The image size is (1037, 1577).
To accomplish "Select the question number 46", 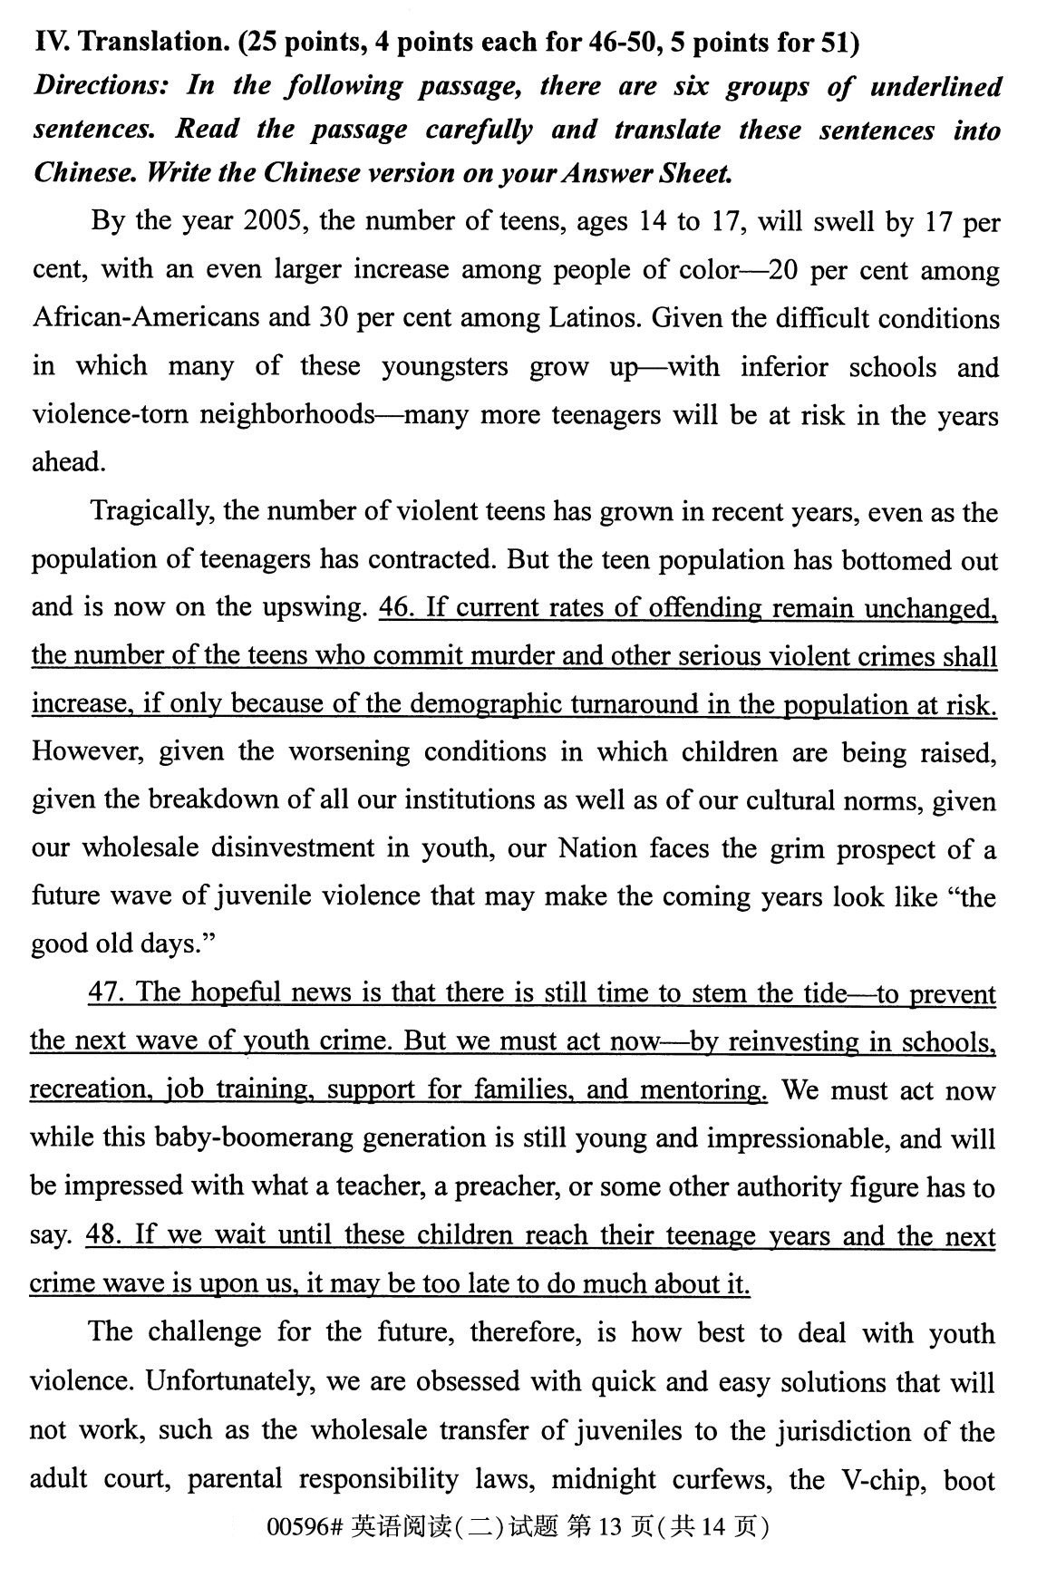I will click(x=396, y=606).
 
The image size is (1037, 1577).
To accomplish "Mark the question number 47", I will click(x=106, y=992).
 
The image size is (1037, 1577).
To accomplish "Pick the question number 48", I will click(x=103, y=1234).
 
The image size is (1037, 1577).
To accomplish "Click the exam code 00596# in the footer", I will click(x=305, y=1527).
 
